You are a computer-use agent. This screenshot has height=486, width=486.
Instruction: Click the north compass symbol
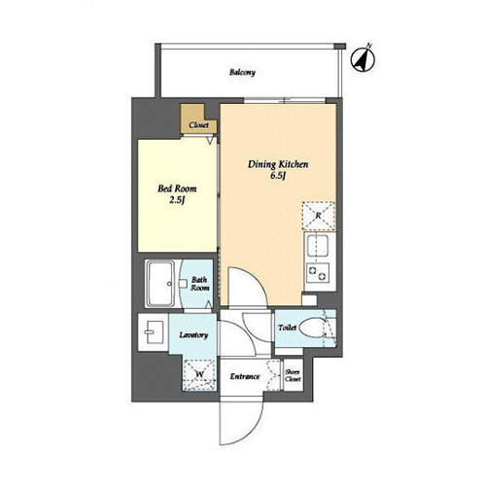tap(364, 59)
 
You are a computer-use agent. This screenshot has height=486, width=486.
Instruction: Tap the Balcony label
tap(242, 72)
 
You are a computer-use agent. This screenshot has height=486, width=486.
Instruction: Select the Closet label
tap(198, 125)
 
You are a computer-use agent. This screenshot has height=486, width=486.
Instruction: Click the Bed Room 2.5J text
tap(177, 194)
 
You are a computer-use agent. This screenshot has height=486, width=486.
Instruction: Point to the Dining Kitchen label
tap(278, 164)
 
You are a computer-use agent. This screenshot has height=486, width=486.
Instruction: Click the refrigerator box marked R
tap(319, 216)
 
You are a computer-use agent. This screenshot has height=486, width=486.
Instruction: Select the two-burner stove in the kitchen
tap(318, 272)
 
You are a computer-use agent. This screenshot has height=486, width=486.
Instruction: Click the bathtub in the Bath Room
tap(160, 284)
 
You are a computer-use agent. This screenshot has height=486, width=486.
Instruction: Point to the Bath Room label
tap(199, 284)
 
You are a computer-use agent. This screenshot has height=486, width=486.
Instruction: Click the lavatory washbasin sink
tap(153, 331)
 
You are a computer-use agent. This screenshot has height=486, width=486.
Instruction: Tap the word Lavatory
tap(193, 335)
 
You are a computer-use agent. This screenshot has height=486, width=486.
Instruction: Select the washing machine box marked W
tap(199, 374)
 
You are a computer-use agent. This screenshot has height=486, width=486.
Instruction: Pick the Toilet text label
tap(287, 328)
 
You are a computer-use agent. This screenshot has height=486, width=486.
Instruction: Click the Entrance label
tap(245, 376)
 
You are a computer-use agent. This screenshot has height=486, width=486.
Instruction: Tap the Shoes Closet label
tap(294, 375)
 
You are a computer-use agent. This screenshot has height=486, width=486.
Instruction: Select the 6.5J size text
tap(278, 176)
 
